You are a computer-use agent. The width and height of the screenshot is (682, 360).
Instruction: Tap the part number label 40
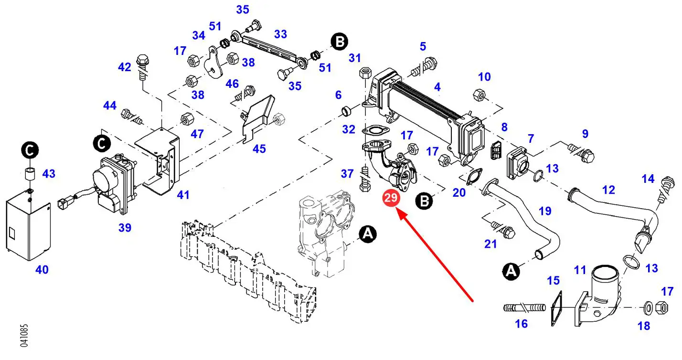pyautogui.click(x=42, y=270)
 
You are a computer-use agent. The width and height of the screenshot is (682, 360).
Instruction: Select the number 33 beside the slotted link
pyautogui.click(x=281, y=34)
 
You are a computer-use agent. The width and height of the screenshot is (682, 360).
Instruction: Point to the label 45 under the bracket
pyautogui.click(x=259, y=149)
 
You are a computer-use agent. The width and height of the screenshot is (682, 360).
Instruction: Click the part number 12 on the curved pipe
pyautogui.click(x=608, y=190)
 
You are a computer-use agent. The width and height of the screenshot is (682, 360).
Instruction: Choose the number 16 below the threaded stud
pyautogui.click(x=522, y=324)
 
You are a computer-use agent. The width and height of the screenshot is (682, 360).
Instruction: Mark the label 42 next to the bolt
pyautogui.click(x=125, y=67)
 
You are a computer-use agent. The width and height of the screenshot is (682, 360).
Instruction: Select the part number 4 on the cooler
pyautogui.click(x=437, y=87)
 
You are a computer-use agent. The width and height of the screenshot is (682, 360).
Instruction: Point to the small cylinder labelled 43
pyautogui.click(x=29, y=174)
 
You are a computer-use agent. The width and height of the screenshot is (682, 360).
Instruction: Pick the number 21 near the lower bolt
pyautogui.click(x=490, y=244)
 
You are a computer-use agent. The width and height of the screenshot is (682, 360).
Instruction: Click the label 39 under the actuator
pyautogui.click(x=125, y=228)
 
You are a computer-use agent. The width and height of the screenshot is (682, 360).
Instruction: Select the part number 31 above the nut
pyautogui.click(x=354, y=58)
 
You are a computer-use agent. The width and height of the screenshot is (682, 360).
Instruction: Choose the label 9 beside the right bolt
pyautogui.click(x=585, y=134)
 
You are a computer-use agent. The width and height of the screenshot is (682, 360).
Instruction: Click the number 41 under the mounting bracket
pyautogui.click(x=183, y=195)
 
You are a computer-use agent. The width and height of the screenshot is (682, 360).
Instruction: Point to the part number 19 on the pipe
pyautogui.click(x=545, y=211)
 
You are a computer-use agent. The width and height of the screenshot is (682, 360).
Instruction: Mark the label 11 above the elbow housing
pyautogui.click(x=580, y=270)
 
